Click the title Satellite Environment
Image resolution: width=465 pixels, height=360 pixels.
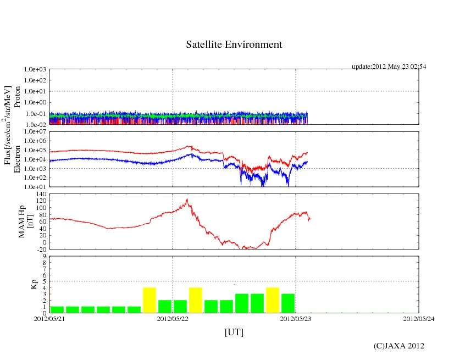234,45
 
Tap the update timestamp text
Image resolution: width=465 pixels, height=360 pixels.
389,67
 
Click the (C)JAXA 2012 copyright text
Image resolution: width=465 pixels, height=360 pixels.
398,346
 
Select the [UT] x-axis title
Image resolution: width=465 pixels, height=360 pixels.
234,332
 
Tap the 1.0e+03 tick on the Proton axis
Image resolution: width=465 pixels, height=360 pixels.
35,70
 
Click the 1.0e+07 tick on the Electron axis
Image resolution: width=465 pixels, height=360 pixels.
35,132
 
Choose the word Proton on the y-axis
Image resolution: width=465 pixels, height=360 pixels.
17,97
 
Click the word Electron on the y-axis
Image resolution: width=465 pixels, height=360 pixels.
17,159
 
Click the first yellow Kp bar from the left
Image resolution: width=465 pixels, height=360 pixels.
150,300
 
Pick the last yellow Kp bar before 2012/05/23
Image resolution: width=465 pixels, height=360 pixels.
273,300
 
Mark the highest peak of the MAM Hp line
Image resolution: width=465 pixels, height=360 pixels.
187,200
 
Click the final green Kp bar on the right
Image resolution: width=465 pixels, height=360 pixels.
288,303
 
